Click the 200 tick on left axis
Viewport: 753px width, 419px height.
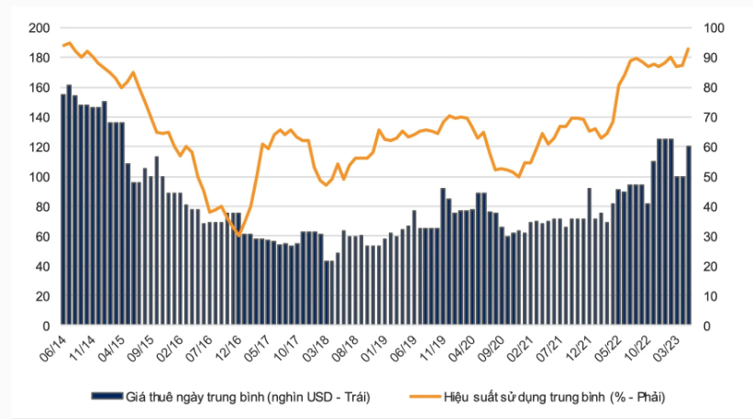click(x=39, y=28)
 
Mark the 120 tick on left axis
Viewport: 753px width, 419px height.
click(x=39, y=148)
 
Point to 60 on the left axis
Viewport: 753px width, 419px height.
click(x=42, y=237)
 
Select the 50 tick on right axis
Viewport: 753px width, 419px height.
click(x=710, y=177)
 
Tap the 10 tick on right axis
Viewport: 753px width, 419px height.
click(x=710, y=296)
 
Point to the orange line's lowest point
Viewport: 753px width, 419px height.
click(x=239, y=236)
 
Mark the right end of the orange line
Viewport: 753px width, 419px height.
click(x=689, y=49)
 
